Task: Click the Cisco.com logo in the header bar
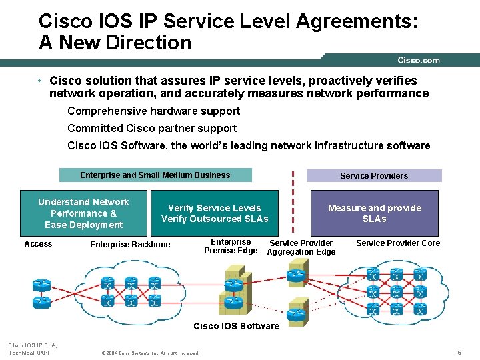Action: coord(419,60)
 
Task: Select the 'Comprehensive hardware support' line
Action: coord(153,111)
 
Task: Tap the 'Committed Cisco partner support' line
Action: coord(152,128)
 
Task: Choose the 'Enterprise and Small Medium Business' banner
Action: coord(155,175)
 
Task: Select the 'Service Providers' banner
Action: coord(374,176)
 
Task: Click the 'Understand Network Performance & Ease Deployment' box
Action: coord(84,213)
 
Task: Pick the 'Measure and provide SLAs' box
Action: coord(375,213)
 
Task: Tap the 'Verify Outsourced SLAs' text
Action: coord(215,219)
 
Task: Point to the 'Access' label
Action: coord(38,244)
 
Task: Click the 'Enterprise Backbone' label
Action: coord(130,245)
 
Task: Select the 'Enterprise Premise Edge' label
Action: coord(231,246)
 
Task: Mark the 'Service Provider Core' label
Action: coord(398,243)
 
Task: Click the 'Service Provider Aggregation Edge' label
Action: coord(301,247)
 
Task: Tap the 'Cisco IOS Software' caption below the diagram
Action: coord(237,326)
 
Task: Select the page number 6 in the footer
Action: coord(459,352)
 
